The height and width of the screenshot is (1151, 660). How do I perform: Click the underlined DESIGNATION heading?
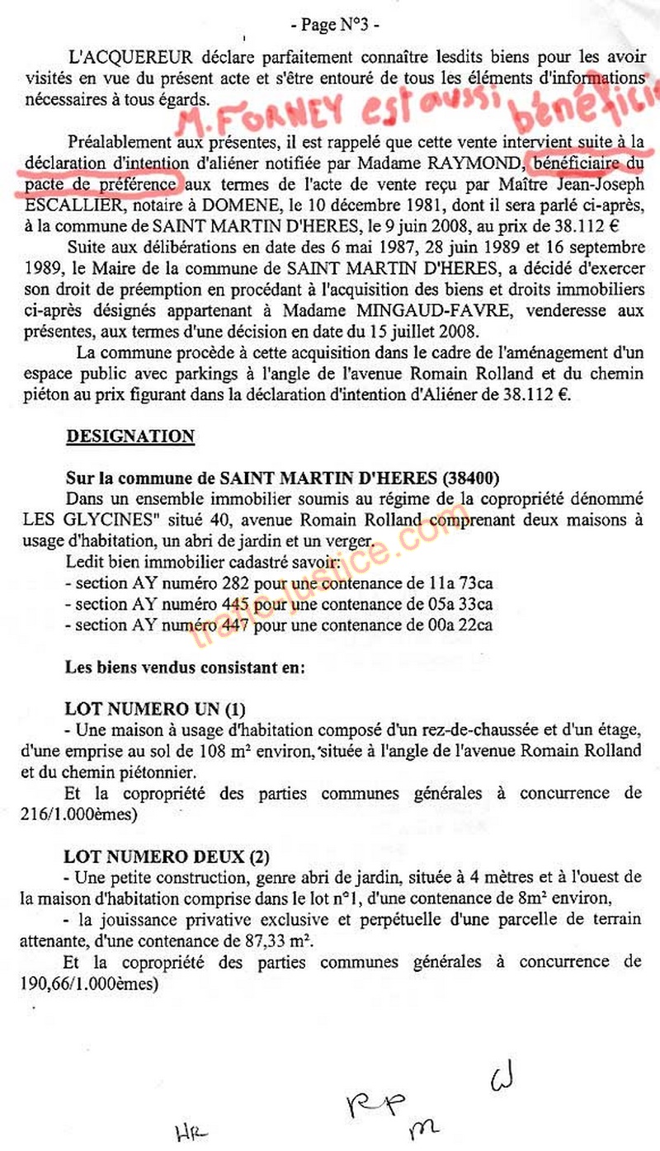pos(130,436)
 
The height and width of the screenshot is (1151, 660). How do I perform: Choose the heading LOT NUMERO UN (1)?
pos(155,710)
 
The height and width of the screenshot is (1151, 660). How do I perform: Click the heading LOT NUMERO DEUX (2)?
pos(167,856)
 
